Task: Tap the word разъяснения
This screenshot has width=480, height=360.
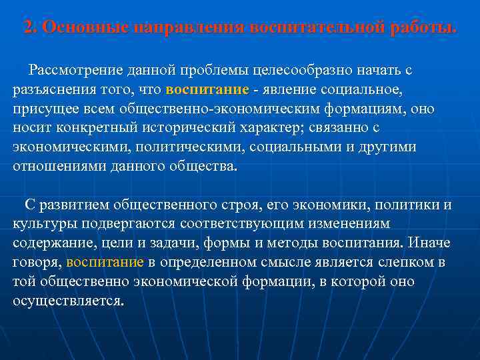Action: [51, 89]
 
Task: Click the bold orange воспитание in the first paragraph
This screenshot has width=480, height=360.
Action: [207, 89]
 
